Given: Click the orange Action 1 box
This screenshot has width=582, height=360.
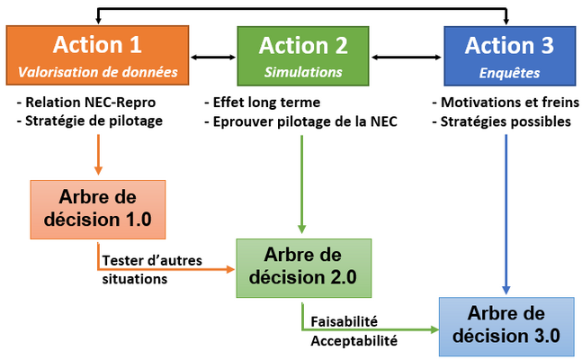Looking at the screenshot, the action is coord(98,56).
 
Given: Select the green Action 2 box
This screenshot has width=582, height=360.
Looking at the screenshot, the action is coord(303,56).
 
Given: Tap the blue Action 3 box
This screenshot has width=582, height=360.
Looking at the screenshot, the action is coord(510,56).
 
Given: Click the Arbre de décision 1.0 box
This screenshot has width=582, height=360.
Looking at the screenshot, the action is coord(98,210).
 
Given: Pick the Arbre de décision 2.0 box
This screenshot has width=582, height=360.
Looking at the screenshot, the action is coord(304,268).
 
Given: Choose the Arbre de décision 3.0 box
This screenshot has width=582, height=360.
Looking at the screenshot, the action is coord(506,326).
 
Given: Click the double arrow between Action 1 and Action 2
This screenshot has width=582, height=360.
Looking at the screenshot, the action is coord(213,57).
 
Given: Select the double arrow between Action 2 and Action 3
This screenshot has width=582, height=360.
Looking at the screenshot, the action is coord(406,57).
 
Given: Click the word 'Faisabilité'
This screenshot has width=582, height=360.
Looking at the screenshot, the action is coord(345,321).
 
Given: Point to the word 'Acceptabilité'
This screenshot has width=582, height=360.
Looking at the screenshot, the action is coord(354,341).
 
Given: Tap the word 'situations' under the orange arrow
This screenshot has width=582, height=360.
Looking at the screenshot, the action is coord(135,279).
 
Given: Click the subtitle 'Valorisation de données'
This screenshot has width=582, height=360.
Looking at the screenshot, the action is coord(98,72).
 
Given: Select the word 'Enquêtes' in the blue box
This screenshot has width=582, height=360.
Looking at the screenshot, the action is coord(509,73).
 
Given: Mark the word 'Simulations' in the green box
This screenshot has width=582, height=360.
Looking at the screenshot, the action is coord(303,72).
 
